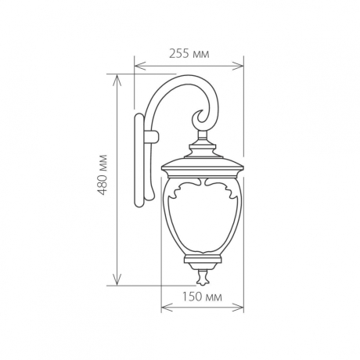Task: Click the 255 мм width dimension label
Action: (x=189, y=54)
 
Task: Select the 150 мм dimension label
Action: (x=202, y=297)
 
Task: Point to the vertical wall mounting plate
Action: (x=142, y=160)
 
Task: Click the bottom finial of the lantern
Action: (x=203, y=275)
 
